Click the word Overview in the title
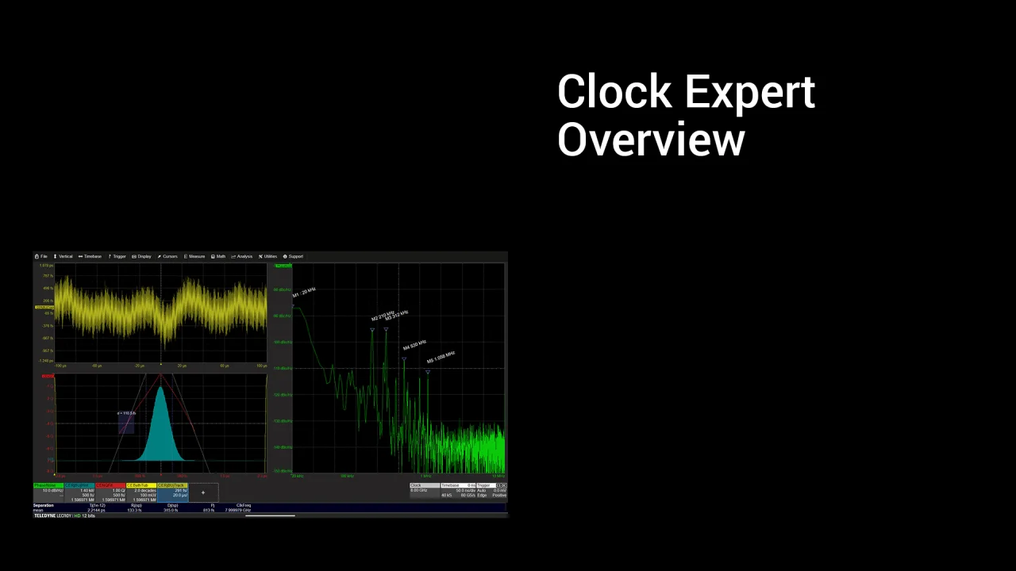tap(651, 140)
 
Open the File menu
tap(41, 256)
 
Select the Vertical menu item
tap(63, 256)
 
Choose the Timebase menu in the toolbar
tap(90, 256)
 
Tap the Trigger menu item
tap(117, 256)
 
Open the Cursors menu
tap(168, 256)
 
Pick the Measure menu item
tap(195, 256)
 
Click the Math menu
tap(219, 256)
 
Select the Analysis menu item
tap(242, 256)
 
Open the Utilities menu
tap(268, 256)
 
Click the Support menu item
tap(294, 256)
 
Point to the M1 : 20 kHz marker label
tap(304, 293)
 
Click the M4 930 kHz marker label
tap(414, 345)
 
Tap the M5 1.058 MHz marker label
tap(441, 357)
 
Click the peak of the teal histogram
tap(161, 388)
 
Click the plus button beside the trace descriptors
tap(202, 492)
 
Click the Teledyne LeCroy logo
tap(52, 515)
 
